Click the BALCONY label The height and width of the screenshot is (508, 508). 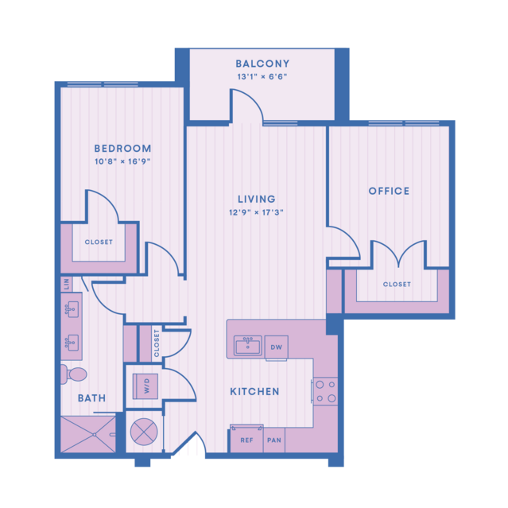click(x=262, y=64)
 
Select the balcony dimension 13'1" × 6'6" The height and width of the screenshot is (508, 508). click(x=262, y=77)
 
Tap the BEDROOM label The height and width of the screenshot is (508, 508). click(x=122, y=149)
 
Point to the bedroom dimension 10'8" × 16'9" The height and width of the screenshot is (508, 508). click(x=122, y=161)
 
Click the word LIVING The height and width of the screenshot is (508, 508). click(x=257, y=199)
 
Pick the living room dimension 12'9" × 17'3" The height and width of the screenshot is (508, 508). click(x=256, y=212)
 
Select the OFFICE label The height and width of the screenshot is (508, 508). click(x=389, y=191)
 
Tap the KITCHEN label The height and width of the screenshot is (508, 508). click(x=254, y=392)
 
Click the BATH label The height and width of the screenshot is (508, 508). click(x=92, y=398)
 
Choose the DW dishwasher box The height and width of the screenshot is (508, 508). click(x=277, y=347)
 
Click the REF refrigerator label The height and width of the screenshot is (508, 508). click(x=247, y=440)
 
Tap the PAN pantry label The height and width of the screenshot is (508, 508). click(x=274, y=440)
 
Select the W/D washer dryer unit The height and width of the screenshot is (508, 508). click(x=145, y=386)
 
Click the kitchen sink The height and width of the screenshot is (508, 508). click(x=248, y=346)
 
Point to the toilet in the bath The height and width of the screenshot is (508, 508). click(x=74, y=374)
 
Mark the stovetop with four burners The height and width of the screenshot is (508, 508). click(x=325, y=391)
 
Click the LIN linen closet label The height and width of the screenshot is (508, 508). click(x=67, y=284)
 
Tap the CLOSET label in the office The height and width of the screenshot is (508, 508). click(x=397, y=285)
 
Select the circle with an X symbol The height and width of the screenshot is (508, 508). click(x=144, y=432)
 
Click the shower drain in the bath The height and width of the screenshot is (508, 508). click(x=95, y=434)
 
